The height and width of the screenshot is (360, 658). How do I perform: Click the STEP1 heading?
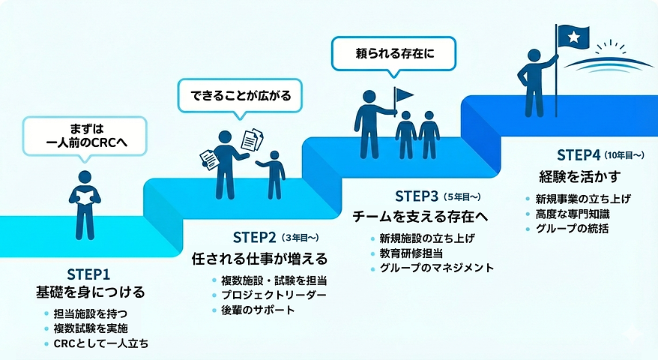point(88,274)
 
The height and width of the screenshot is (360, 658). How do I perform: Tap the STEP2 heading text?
point(254,237)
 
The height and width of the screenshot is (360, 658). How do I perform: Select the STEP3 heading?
point(417,196)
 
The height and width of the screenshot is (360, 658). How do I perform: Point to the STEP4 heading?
point(579,155)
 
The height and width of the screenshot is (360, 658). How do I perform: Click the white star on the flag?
point(573,37)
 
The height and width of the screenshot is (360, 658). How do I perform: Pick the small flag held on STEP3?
point(403,95)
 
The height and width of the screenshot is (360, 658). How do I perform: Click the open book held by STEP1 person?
point(85,197)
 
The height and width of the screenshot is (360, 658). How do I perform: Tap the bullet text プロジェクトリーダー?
point(274,295)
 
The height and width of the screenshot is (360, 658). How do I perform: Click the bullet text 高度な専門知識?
point(573,214)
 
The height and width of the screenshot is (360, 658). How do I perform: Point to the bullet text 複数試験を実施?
point(91,328)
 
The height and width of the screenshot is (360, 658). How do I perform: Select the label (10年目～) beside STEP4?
point(624,155)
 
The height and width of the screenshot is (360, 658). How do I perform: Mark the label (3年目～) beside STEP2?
point(300,238)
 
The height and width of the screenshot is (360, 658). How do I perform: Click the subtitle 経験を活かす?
point(579,177)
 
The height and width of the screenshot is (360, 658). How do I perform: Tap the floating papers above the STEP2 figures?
point(253,139)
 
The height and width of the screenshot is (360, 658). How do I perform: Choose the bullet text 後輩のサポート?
point(258,310)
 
